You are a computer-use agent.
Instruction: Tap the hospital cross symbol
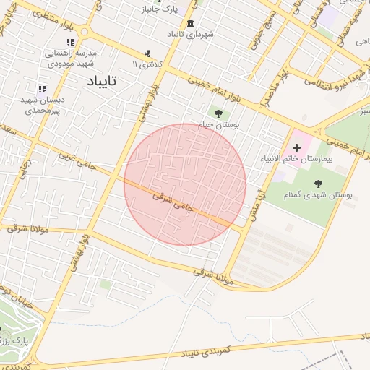[296, 147]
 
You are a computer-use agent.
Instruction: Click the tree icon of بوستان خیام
[218, 113]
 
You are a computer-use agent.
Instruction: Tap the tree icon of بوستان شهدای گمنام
[318, 184]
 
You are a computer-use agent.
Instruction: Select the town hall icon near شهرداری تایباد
[190, 24]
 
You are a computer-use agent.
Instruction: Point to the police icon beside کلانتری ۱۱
[148, 53]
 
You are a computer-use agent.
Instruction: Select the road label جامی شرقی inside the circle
[174, 200]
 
